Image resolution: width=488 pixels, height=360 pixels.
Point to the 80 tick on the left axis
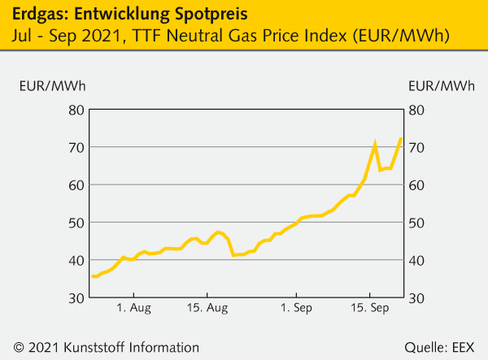click(x=76, y=110)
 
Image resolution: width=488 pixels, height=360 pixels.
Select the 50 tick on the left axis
click(x=76, y=223)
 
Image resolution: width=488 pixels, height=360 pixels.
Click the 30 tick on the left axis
click(x=76, y=298)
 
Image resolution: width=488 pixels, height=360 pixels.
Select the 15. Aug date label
click(x=207, y=309)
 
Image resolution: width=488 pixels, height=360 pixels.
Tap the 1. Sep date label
click(x=296, y=309)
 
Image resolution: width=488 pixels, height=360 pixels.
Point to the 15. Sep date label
click(x=370, y=309)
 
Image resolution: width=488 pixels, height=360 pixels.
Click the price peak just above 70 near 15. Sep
click(x=375, y=144)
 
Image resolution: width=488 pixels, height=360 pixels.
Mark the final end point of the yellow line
click(x=401, y=138)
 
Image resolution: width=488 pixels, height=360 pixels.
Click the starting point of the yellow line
click(x=92, y=276)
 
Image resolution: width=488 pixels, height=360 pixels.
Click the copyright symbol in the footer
click(x=19, y=346)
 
